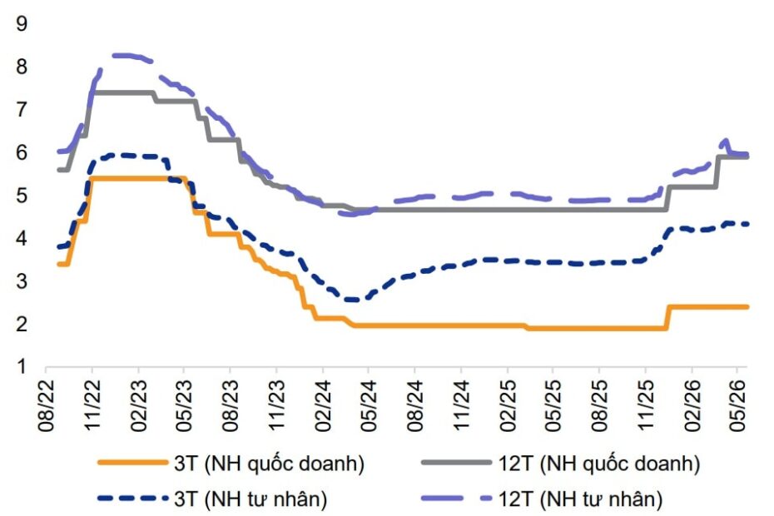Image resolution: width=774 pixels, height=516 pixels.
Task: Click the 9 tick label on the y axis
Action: click(x=22, y=23)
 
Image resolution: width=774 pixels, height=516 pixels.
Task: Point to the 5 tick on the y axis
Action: click(x=22, y=196)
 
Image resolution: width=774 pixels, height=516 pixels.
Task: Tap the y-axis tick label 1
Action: click(x=22, y=367)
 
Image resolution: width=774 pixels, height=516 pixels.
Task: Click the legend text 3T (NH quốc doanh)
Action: click(x=269, y=464)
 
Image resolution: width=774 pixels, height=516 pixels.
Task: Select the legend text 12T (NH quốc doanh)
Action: click(x=599, y=464)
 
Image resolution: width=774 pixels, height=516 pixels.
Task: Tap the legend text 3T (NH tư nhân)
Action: click(x=251, y=499)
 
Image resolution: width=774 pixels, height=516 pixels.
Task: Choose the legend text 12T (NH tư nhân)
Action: click(x=580, y=499)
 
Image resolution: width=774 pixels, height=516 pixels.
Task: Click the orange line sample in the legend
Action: click(x=133, y=463)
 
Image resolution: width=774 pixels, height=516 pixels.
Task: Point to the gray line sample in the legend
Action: click(x=457, y=463)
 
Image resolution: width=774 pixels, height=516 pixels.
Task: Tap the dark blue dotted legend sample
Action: click(x=133, y=499)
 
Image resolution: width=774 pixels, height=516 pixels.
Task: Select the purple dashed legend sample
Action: click(x=457, y=499)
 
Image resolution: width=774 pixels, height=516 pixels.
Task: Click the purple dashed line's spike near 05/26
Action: click(x=726, y=141)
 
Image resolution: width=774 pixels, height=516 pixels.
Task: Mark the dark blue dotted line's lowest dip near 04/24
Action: click(x=354, y=300)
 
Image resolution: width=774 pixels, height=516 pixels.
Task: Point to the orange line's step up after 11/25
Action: click(x=668, y=317)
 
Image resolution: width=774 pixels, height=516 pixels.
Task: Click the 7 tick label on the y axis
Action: click(x=22, y=110)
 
